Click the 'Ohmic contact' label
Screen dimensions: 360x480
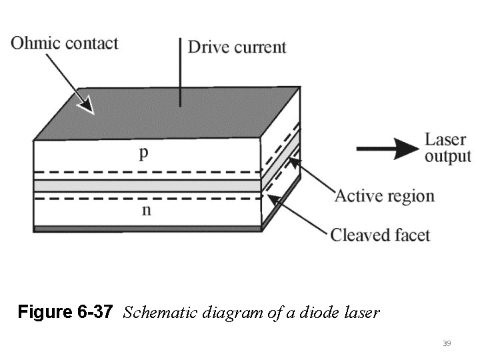tap(65, 44)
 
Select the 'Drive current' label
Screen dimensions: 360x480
tap(237, 47)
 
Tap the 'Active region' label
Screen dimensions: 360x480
tap(384, 196)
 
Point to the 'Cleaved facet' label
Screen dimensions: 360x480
tap(380, 235)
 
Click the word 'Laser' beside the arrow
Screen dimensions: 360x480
tap(445, 139)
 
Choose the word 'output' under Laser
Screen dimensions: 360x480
tap(447, 157)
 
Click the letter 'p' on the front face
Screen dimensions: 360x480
tap(143, 153)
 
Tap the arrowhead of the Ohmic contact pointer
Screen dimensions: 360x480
tap(85, 104)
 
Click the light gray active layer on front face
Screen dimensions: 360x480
tap(147, 185)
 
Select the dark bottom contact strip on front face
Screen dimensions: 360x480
tap(147, 229)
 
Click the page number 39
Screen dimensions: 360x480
tap(447, 343)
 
